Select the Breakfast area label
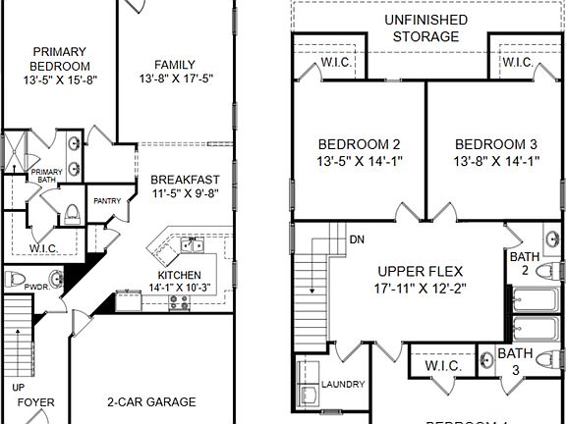click(x=185, y=180)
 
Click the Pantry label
click(x=107, y=201)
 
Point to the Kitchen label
click(x=180, y=275)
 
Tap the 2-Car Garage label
click(x=151, y=401)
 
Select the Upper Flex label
click(x=421, y=271)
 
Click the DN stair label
click(x=358, y=239)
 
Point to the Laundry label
click(x=343, y=384)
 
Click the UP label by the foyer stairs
click(x=18, y=387)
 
